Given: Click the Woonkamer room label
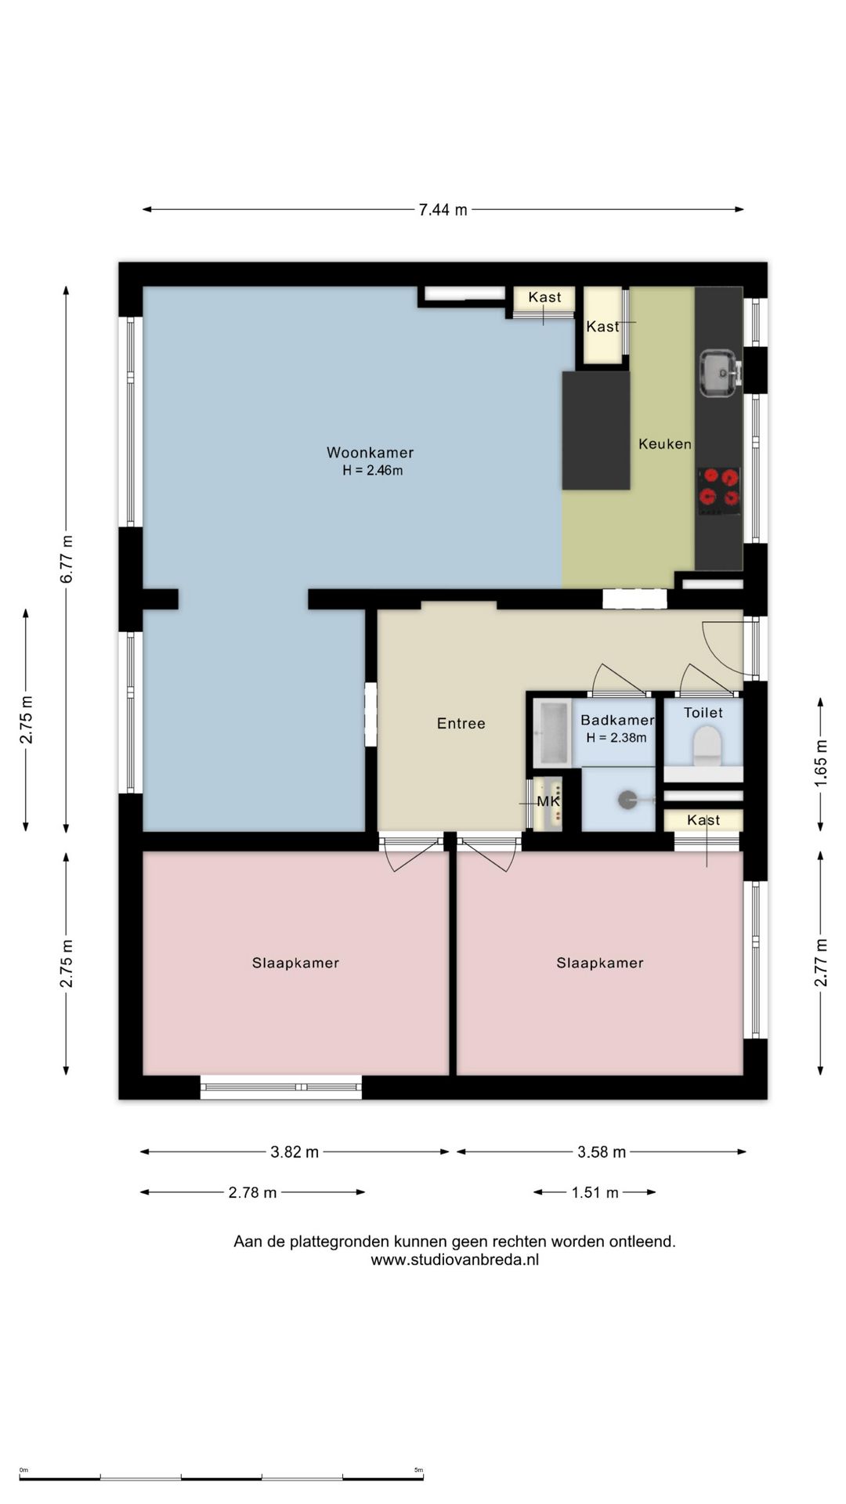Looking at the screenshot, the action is tap(370, 452).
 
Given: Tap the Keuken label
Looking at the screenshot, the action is tap(665, 444).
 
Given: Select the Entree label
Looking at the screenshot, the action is tap(461, 724).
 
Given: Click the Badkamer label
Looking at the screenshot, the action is tap(617, 720).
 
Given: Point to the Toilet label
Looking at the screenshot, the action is tap(703, 713).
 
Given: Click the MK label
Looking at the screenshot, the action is tap(548, 802).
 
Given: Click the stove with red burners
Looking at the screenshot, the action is tap(719, 491).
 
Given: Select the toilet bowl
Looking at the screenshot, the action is tap(707, 745).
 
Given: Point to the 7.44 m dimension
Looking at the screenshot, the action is tap(443, 210).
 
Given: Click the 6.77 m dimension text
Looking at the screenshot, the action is tap(67, 559).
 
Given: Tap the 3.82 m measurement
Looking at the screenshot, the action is tap(295, 1152).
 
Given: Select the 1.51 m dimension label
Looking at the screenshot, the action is tap(595, 1193).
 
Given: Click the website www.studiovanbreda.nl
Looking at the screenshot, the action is tap(455, 1260).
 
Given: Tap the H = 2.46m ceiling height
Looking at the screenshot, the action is tap(373, 471).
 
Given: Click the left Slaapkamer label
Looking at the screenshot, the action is tap(295, 963).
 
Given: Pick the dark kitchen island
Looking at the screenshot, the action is tap(596, 431).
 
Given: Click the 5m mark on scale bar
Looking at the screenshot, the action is tap(419, 1470).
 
